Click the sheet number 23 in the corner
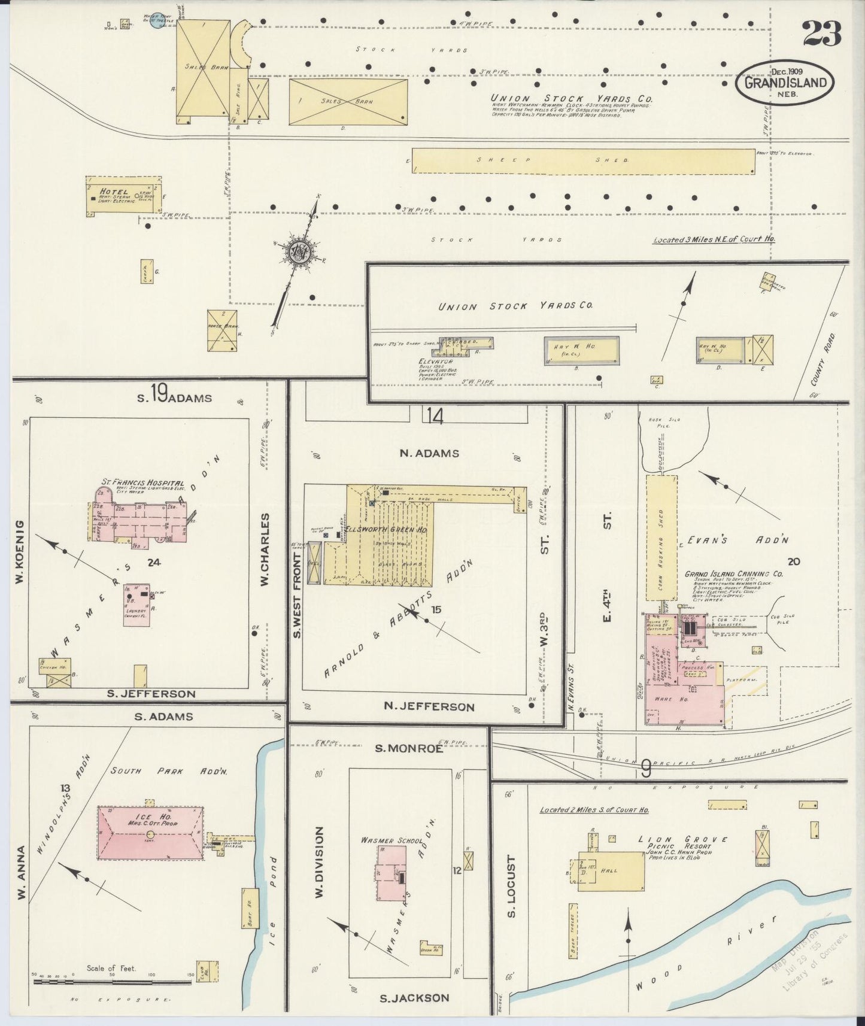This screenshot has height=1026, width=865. (x=822, y=33)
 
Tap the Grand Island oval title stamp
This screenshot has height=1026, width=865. (x=785, y=83)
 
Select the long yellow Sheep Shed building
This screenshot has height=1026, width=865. (x=583, y=161)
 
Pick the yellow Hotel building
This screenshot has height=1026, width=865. (x=123, y=195)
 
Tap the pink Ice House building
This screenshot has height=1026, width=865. (x=150, y=833)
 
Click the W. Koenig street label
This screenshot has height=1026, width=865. (x=20, y=552)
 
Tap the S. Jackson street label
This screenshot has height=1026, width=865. (x=414, y=997)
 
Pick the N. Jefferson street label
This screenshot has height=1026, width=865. (x=429, y=707)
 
